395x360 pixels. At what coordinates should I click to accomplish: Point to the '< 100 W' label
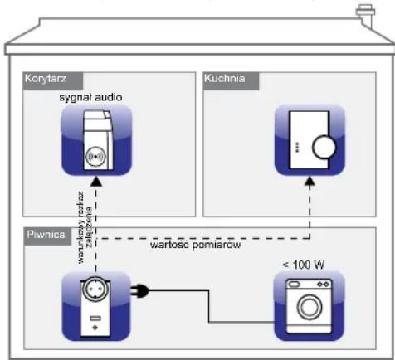pos(304,265)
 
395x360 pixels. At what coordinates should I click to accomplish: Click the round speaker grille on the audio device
pos(94,155)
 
